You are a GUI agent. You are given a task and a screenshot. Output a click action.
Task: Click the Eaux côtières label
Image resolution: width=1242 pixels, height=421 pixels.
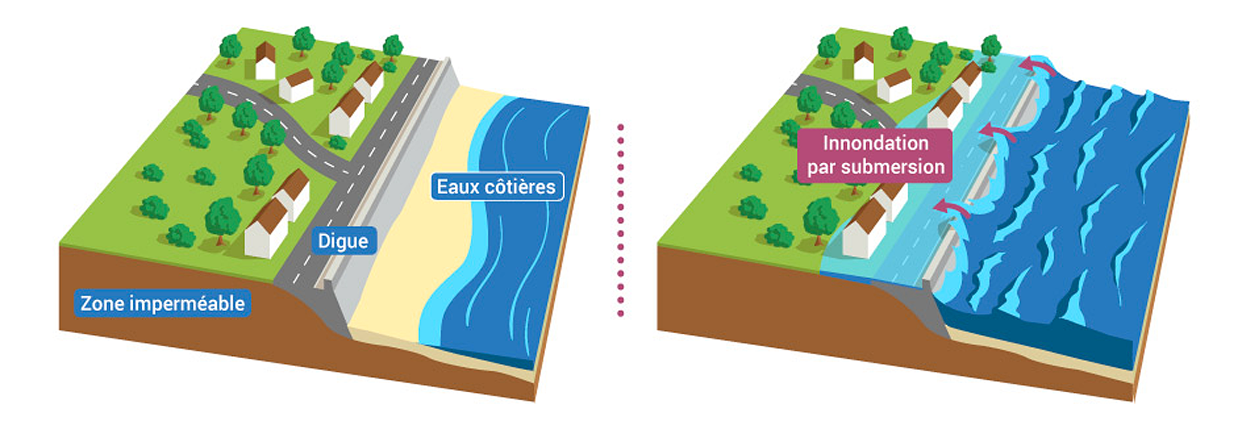click(497, 187)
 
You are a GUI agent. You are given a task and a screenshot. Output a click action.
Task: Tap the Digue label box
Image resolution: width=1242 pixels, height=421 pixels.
click(343, 240)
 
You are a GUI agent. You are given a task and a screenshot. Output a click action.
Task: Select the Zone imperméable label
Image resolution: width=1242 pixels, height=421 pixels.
click(163, 303)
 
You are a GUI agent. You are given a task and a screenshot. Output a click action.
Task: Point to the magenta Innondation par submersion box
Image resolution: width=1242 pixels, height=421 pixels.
click(875, 155)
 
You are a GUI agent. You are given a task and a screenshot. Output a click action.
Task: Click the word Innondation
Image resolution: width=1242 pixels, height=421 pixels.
click(876, 143)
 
